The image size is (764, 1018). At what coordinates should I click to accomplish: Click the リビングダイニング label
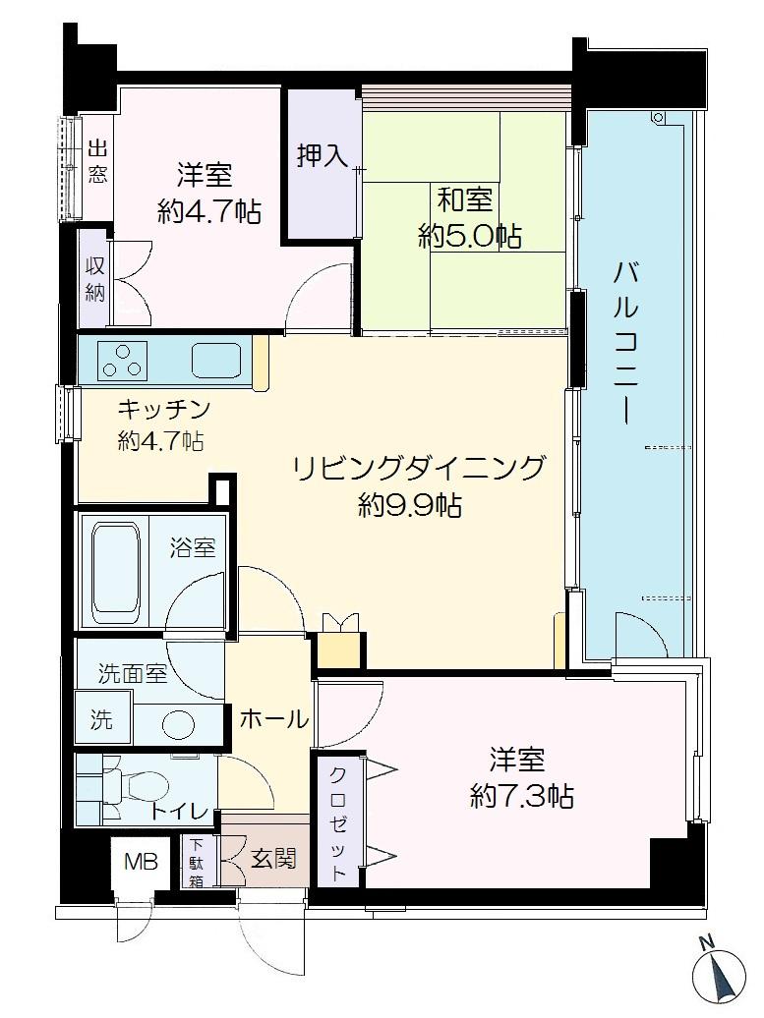(418, 469)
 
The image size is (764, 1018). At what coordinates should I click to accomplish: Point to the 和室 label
(465, 201)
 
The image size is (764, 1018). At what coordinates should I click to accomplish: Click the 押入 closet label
(321, 156)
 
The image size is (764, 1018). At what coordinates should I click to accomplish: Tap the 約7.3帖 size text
(522, 796)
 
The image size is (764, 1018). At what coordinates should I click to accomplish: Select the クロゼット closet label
(337, 821)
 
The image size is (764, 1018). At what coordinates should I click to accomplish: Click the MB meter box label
(140, 863)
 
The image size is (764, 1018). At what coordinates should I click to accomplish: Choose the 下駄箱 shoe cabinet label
(197, 863)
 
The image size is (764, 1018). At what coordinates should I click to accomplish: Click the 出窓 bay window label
(97, 163)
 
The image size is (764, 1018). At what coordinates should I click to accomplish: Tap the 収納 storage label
(94, 277)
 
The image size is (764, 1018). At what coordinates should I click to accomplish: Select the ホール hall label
(274, 719)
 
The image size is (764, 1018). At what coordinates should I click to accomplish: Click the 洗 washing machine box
(101, 719)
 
